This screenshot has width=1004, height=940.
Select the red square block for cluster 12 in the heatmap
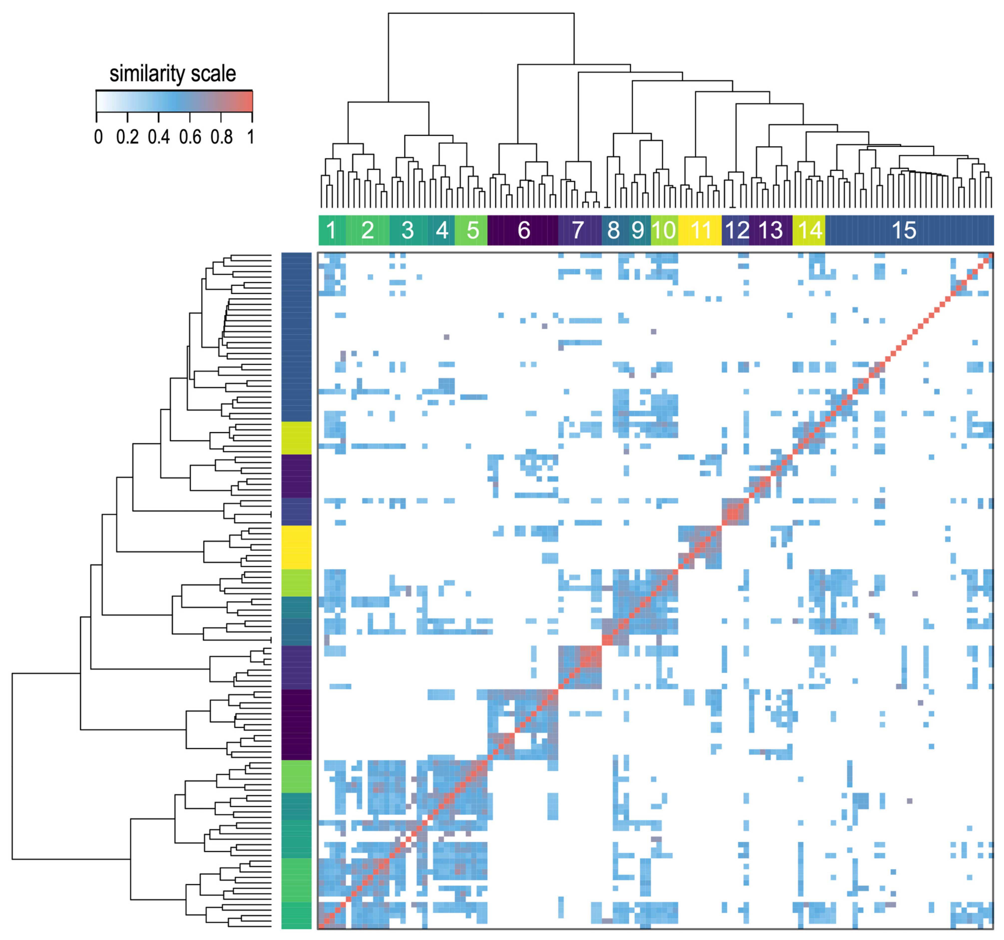(x=735, y=512)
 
